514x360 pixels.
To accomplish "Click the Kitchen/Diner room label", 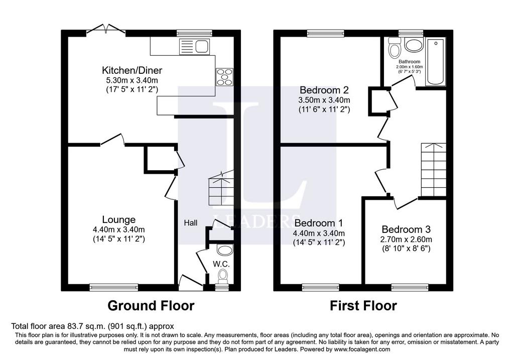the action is (132, 70).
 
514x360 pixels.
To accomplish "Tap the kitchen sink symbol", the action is (194, 46).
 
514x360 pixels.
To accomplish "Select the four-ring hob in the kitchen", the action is (224, 77).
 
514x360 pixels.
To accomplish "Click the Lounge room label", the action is (118, 220).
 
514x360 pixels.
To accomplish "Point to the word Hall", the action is (190, 223).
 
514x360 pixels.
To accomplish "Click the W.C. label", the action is (221, 264).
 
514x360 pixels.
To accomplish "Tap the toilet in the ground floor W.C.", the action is (224, 276).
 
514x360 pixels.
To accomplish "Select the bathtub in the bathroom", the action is (435, 62).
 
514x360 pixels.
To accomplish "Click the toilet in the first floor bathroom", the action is (394, 48).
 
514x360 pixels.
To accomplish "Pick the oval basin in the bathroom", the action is (414, 45).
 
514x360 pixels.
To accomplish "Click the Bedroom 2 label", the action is (324, 89).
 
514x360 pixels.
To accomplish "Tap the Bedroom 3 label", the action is (406, 229).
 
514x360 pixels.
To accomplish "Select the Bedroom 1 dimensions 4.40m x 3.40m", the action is (319, 233).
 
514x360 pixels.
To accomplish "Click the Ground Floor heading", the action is (151, 306).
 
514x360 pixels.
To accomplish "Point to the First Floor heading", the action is (363, 306).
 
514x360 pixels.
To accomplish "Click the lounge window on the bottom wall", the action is (114, 287).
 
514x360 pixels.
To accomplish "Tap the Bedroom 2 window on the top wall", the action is (325, 33).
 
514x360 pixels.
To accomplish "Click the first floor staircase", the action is (434, 170).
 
